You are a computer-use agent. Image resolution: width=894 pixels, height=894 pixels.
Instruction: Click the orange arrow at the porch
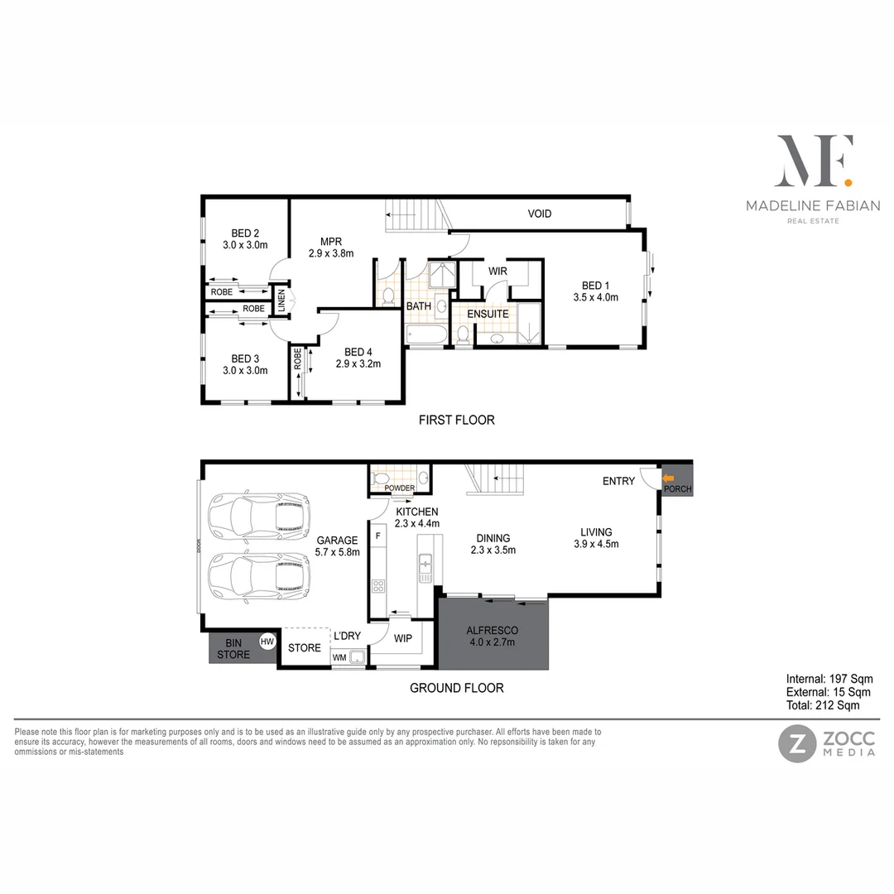[x=669, y=478]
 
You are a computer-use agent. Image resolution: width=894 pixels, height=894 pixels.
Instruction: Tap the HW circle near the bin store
[x=267, y=641]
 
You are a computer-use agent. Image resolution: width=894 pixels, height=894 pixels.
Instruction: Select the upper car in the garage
[x=259, y=516]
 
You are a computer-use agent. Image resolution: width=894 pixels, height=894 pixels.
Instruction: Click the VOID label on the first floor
[x=540, y=214]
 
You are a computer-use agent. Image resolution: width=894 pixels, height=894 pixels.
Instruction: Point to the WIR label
[x=497, y=271]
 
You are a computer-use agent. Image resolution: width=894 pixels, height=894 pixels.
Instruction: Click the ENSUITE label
[x=488, y=314]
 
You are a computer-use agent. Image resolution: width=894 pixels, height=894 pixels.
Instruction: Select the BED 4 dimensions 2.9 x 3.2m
[x=357, y=363]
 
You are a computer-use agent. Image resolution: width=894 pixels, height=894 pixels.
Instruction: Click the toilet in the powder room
[x=382, y=478]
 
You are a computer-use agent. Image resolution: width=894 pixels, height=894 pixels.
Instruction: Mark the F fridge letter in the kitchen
[x=378, y=536]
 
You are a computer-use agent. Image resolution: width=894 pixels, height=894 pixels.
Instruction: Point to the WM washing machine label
[x=339, y=657]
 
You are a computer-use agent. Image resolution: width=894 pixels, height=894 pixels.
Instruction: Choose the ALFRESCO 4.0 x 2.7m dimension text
[x=492, y=641]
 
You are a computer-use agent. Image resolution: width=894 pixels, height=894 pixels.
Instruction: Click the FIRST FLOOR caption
[x=456, y=420]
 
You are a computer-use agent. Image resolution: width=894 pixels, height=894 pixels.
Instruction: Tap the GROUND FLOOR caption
[x=457, y=687]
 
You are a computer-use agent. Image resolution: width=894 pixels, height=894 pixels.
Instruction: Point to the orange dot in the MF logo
[x=847, y=180]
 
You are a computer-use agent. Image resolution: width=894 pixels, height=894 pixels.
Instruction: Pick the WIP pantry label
[x=403, y=638]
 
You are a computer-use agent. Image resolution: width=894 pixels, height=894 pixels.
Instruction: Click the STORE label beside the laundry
[x=304, y=647]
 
